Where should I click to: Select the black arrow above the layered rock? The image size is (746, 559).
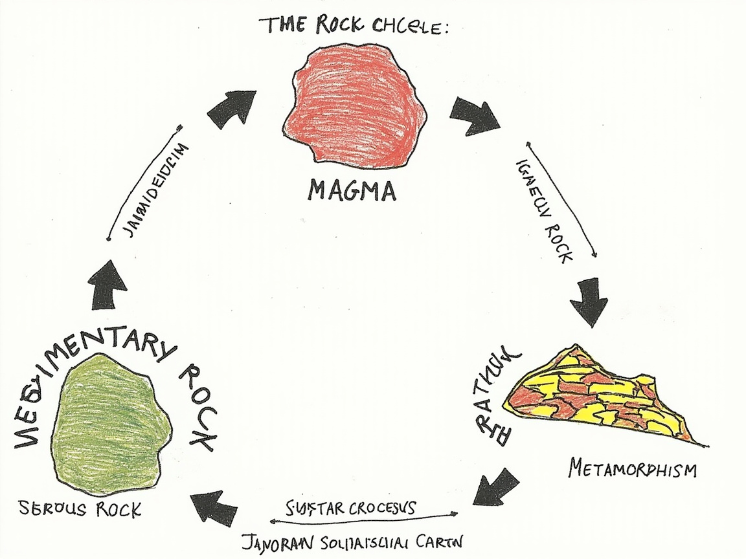click(x=589, y=301)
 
